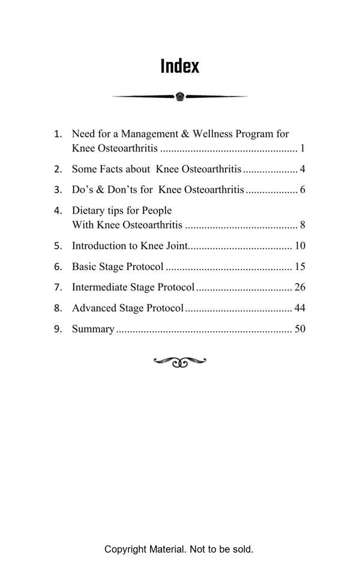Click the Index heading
coord(179,66)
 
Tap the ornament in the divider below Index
coord(180,96)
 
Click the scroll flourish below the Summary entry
coord(180,362)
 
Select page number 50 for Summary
coord(300,329)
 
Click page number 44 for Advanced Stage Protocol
coord(300,308)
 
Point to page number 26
coord(300,287)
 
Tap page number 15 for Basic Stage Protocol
coord(300,266)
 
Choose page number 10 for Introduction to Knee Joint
coord(300,246)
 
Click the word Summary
coord(93,329)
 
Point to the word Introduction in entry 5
coord(98,246)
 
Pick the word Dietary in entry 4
coord(88,211)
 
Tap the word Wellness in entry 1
coord(213,134)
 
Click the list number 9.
coord(58,329)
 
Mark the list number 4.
coord(58,211)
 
